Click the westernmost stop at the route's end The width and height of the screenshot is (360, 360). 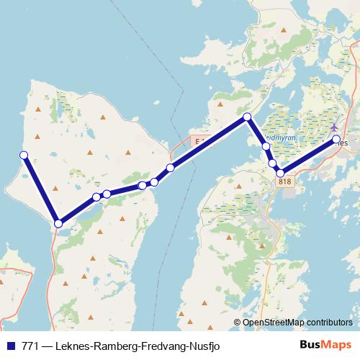click(24, 155)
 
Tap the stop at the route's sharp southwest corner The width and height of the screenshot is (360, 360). click(58, 223)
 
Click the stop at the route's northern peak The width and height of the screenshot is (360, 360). click(247, 117)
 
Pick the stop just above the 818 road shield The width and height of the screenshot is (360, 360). click(280, 173)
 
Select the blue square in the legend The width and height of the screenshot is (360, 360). click(11, 345)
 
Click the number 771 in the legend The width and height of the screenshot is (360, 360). click(30, 345)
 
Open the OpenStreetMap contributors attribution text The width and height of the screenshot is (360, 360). click(297, 322)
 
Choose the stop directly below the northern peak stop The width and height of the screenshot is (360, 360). click(266, 146)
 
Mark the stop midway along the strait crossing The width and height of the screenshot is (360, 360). click(170, 168)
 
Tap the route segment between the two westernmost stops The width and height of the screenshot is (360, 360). click(41, 189)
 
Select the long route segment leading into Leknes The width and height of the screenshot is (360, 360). click(307, 156)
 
